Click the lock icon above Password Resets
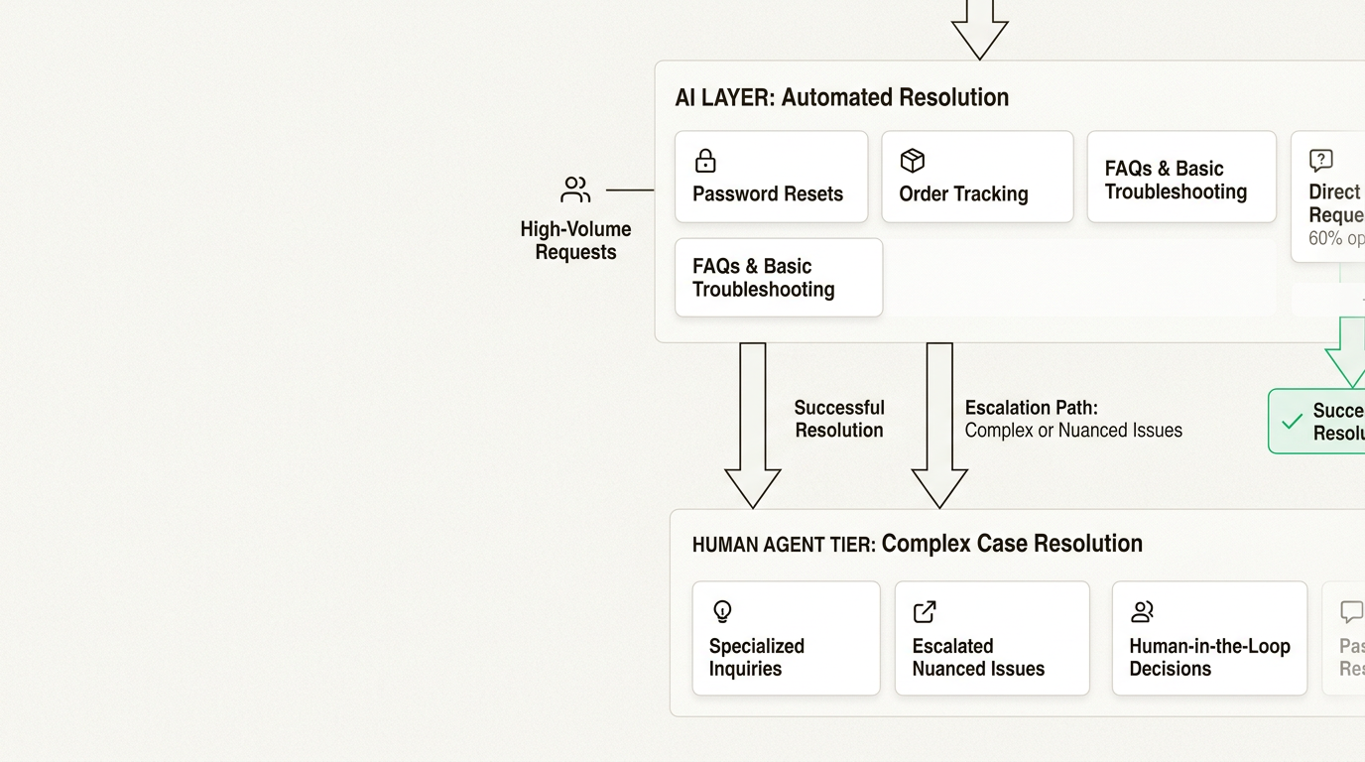[705, 161]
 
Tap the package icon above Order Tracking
[912, 161]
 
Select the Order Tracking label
[963, 193]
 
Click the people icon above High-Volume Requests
[575, 190]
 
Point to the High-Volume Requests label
[575, 240]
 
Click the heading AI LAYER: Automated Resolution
[841, 97]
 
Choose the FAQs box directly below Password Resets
[778, 278]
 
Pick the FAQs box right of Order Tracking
[1180, 178]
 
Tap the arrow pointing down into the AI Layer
[979, 30]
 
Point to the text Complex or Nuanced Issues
[1073, 431]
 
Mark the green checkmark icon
[1292, 422]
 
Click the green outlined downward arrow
[1348, 353]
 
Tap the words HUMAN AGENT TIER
[783, 545]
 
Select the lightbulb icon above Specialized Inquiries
[722, 611]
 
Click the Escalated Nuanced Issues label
[978, 657]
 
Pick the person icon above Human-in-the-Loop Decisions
[1142, 611]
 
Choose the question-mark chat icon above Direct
[1320, 161]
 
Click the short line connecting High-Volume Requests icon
[630, 190]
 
